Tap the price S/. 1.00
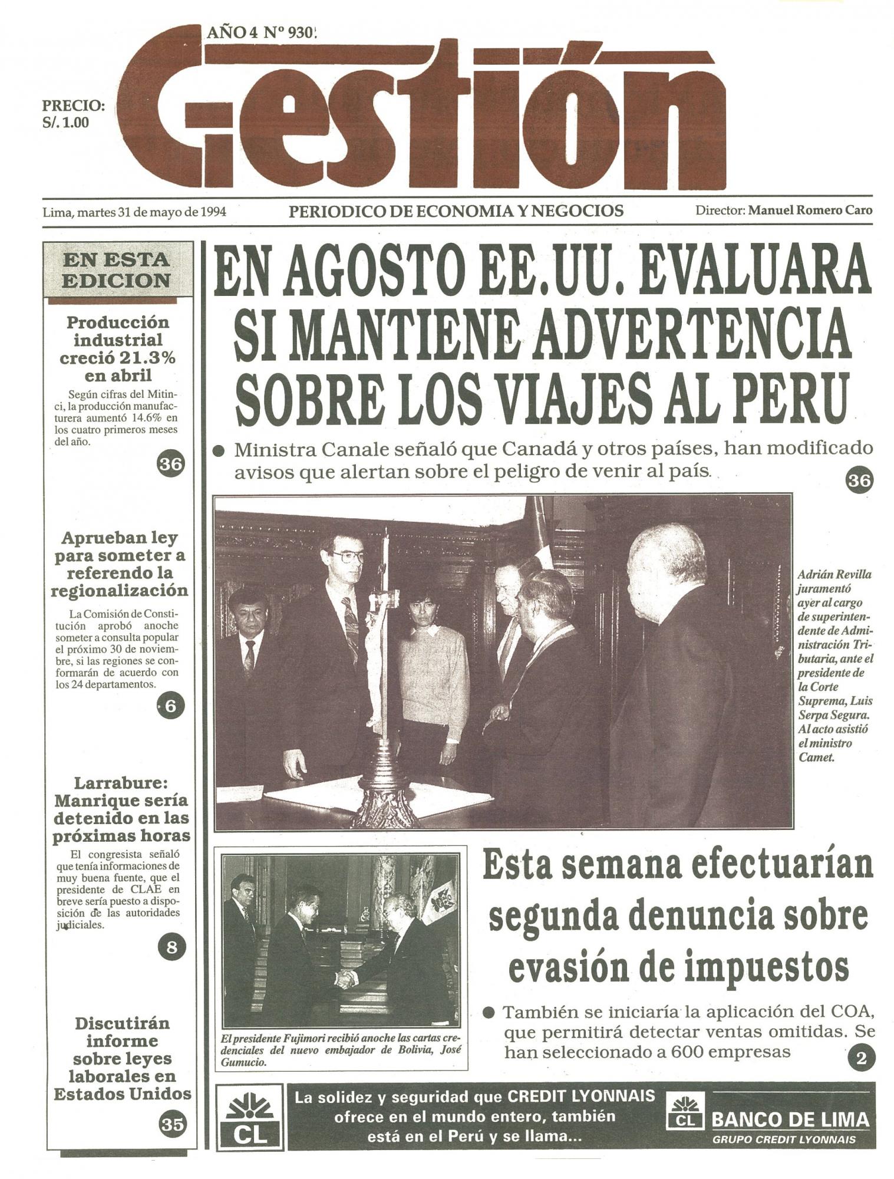66,123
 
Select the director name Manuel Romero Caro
810,210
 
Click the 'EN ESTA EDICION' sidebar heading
116,270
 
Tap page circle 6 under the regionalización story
170,706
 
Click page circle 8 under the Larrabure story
171,947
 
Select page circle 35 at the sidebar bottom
172,1125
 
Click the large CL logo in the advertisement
250,1118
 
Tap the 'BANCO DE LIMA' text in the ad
790,1119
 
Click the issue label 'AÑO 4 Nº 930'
261,33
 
